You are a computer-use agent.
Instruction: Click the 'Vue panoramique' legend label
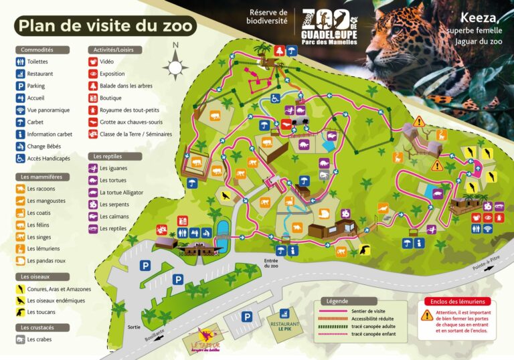pyautogui.click(x=48, y=110)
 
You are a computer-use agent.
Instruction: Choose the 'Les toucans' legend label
pyautogui.click(x=41, y=313)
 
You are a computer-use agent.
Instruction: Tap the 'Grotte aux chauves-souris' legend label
pyautogui.click(x=131, y=122)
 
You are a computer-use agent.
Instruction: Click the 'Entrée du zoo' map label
pyautogui.click(x=270, y=263)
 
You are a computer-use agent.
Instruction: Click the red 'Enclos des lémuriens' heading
pyautogui.click(x=457, y=302)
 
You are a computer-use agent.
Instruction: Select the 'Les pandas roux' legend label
pyautogui.click(x=46, y=260)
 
